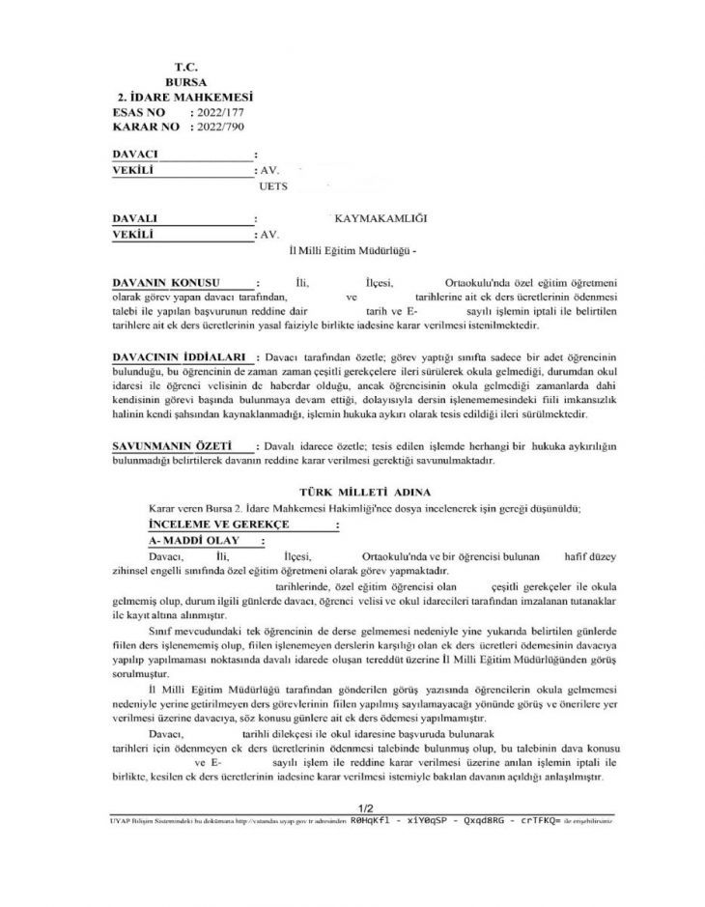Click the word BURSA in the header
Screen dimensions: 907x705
(185, 82)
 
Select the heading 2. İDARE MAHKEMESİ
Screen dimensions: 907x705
(183, 98)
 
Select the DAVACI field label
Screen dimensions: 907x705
(135, 154)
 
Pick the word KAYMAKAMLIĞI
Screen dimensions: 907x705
(379, 218)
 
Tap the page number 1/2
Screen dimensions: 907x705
(365, 806)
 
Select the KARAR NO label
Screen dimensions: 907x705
(146, 127)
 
